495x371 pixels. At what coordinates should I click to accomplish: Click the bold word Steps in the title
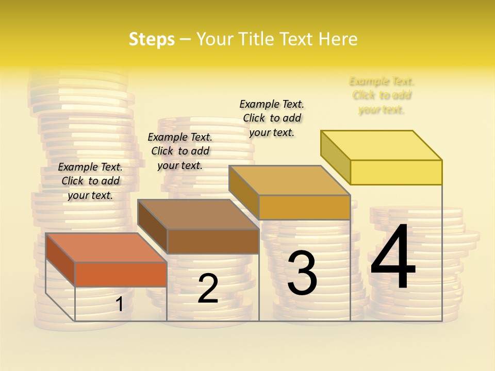tap(152, 39)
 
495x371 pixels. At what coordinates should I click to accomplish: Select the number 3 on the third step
tap(302, 274)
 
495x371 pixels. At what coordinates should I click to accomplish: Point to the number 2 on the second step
tap(208, 289)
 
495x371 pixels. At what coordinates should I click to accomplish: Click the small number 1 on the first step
tap(119, 305)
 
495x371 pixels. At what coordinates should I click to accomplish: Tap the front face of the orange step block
tap(121, 274)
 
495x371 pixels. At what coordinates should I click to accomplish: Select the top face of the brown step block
tap(198, 214)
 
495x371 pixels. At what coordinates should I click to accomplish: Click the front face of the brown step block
tap(213, 241)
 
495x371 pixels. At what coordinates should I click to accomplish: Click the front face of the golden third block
tap(304, 207)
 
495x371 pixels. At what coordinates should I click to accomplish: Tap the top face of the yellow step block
tap(382, 145)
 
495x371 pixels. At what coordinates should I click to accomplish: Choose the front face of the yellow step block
tap(396, 172)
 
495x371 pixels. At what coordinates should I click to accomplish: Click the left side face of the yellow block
tap(335, 157)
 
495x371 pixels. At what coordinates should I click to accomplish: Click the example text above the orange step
tap(90, 181)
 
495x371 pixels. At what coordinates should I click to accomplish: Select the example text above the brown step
tap(180, 151)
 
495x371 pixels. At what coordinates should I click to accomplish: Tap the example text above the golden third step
tap(272, 118)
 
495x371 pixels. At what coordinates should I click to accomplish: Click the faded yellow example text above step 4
tap(382, 95)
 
